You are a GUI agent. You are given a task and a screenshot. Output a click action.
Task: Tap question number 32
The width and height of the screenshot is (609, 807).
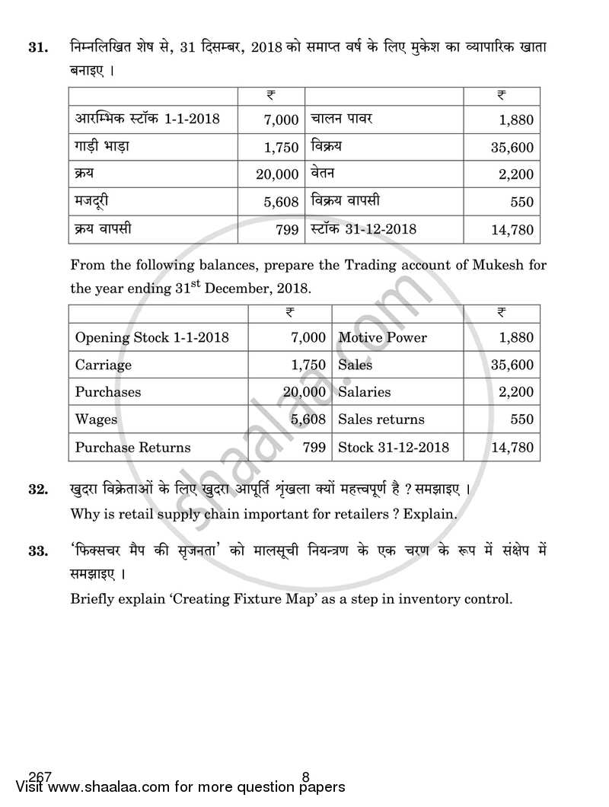[x=37, y=489]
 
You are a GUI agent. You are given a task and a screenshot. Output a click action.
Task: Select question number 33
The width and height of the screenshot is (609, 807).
[x=37, y=550]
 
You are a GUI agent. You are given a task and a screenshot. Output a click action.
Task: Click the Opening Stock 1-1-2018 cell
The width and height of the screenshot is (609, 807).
[x=151, y=337]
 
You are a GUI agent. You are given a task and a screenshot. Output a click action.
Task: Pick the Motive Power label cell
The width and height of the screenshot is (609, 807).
[x=382, y=337]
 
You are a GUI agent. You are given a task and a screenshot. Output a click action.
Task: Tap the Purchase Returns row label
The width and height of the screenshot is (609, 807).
[x=132, y=447]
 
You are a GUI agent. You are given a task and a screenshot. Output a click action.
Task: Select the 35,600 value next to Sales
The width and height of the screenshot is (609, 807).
[x=512, y=365]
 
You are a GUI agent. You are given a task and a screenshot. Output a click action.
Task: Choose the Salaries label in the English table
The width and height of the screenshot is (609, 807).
[x=364, y=392]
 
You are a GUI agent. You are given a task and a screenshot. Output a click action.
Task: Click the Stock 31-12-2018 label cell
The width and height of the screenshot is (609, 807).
[x=394, y=447]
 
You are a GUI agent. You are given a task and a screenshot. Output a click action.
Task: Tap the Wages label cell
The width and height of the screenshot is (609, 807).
[x=96, y=419]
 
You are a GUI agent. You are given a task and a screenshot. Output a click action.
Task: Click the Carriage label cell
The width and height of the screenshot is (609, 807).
[x=103, y=365]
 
